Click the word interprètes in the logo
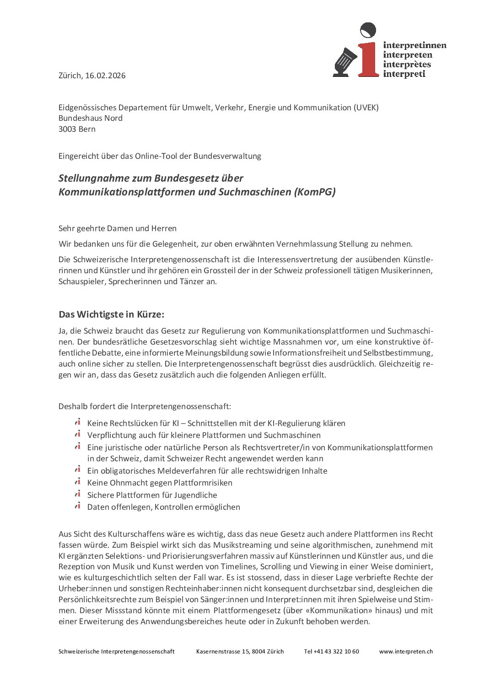pos(407,65)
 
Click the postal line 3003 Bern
pos(77,129)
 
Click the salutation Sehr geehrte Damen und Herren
pos(118,228)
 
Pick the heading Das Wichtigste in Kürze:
pos(111,314)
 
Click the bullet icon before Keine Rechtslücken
pos(78,422)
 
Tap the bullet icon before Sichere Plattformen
pos(78,494)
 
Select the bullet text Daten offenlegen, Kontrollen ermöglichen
pos(163,507)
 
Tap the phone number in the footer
pos(332,651)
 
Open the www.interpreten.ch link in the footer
pos(406,651)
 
